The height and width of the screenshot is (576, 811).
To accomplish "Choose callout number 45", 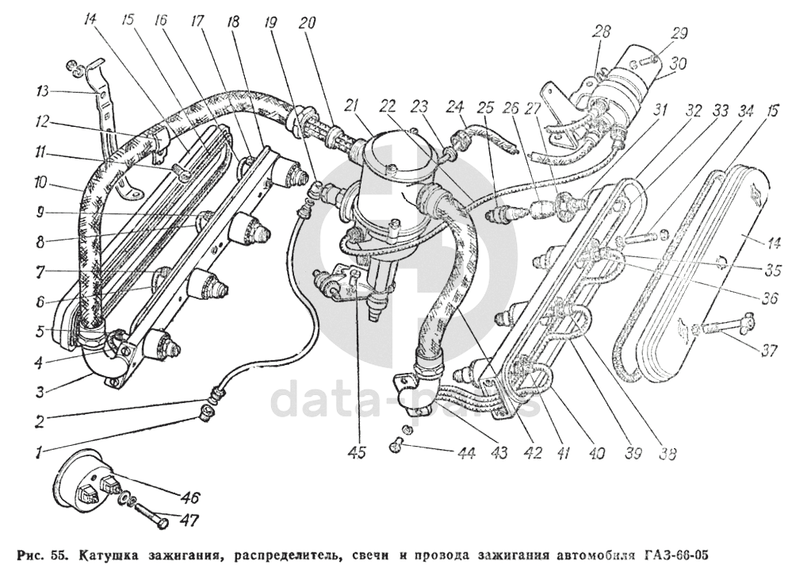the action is point(356,451).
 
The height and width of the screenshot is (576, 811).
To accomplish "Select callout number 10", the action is point(40,183).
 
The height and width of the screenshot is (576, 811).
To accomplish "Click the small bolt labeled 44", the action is point(397,443).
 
